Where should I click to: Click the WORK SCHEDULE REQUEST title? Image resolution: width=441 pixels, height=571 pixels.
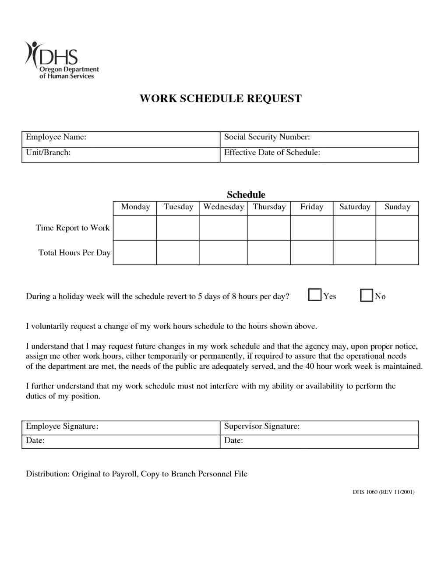pos(220,99)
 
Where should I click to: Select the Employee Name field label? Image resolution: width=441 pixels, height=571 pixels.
pos(56,137)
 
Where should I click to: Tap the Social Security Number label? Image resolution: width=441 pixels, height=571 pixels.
pos(267,137)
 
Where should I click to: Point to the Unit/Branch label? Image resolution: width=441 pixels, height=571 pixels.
pos(48,152)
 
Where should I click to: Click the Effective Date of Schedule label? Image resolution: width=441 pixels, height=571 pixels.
pos(272,152)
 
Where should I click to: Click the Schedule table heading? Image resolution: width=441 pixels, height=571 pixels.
pos(246,194)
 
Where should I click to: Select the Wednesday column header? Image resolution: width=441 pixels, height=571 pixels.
pos(223,207)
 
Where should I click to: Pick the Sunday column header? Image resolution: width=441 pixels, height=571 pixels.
pos(397,207)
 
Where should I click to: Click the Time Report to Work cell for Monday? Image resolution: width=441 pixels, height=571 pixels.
pos(135,228)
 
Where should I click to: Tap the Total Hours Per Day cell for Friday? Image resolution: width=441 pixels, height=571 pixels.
pos(311,253)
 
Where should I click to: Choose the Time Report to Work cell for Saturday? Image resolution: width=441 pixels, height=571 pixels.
pos(354,228)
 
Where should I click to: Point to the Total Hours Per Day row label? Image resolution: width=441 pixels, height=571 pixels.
pos(74,253)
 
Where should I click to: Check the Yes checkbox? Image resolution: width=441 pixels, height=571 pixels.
pos(314,295)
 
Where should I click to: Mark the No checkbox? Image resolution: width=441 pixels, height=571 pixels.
pos(367,296)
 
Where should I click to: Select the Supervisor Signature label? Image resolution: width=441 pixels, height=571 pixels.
pos(261,426)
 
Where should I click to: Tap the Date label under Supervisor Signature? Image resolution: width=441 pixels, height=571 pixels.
pos(233,441)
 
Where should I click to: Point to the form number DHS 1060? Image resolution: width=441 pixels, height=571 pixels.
pos(365,492)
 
